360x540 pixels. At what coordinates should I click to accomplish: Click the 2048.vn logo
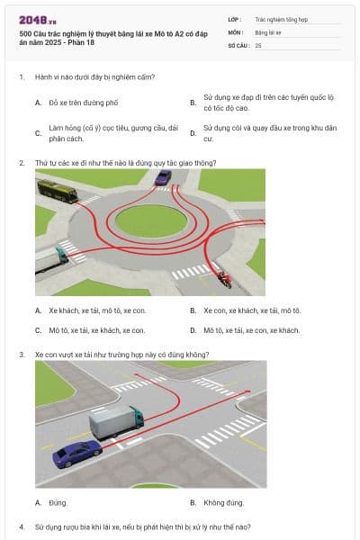pyautogui.click(x=38, y=21)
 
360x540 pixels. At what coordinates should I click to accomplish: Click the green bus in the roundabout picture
pyautogui.click(x=58, y=191)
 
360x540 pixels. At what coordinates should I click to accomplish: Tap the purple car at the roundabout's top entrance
pyautogui.click(x=163, y=177)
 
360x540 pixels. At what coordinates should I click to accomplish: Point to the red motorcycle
pyautogui.click(x=224, y=279)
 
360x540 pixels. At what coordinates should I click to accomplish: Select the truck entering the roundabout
pyautogui.click(x=51, y=259)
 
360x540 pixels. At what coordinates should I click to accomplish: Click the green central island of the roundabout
pyautogui.click(x=151, y=220)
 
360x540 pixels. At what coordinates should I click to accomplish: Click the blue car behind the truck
pyautogui.click(x=77, y=454)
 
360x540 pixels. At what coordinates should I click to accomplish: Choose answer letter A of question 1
pyautogui.click(x=38, y=103)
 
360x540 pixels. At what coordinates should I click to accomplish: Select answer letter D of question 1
pyautogui.click(x=193, y=133)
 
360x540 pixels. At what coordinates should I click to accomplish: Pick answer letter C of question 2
pyautogui.click(x=38, y=330)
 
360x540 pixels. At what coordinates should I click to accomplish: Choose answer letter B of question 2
pyautogui.click(x=193, y=310)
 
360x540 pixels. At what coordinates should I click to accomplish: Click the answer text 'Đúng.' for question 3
pyautogui.click(x=58, y=503)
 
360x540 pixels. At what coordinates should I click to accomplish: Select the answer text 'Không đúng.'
pyautogui.click(x=223, y=503)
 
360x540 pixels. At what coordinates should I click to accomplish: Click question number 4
pyautogui.click(x=22, y=526)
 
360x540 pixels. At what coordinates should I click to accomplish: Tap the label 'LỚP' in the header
pyautogui.click(x=234, y=20)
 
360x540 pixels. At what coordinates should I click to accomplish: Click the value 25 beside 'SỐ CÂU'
pyautogui.click(x=258, y=46)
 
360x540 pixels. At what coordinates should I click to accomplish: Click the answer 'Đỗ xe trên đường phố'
pyautogui.click(x=84, y=103)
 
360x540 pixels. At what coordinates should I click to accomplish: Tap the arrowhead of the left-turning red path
pyautogui.click(x=137, y=374)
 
